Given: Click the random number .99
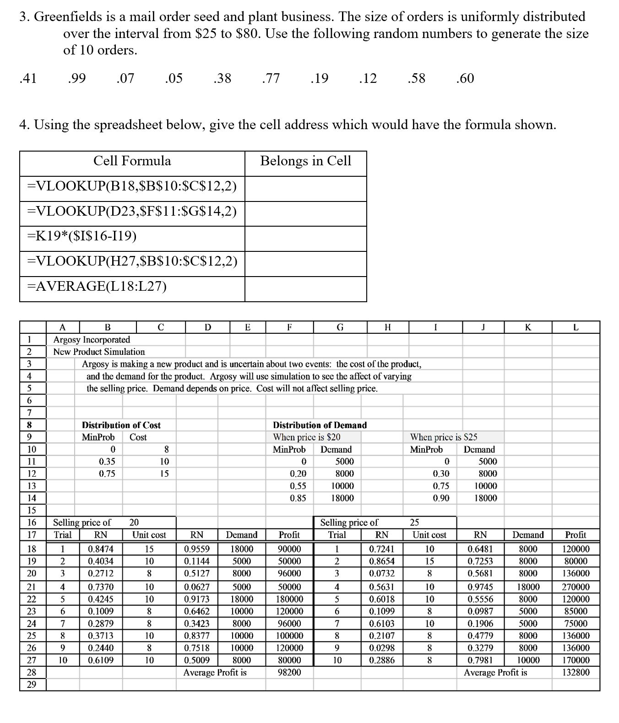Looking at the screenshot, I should click(x=76, y=78).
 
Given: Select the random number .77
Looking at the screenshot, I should click(x=271, y=78).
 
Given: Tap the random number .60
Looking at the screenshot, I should click(x=465, y=78).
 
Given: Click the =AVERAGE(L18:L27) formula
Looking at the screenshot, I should click(x=97, y=286).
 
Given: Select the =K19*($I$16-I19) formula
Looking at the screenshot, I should click(x=82, y=236).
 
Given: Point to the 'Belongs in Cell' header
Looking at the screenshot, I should click(x=305, y=161).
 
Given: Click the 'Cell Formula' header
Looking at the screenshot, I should click(x=132, y=161).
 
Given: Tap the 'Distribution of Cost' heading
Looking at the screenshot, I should click(x=121, y=425).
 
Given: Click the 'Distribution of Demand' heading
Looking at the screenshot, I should click(x=320, y=425).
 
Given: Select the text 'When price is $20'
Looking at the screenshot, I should click(x=306, y=437).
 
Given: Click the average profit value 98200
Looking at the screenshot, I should click(x=289, y=672).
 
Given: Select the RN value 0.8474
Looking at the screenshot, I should click(x=101, y=549).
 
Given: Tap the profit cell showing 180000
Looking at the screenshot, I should click(x=289, y=599).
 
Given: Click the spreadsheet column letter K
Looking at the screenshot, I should click(x=528, y=327).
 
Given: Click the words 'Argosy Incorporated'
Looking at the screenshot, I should click(x=92, y=339).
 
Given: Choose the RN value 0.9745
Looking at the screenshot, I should click(x=480, y=587).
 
